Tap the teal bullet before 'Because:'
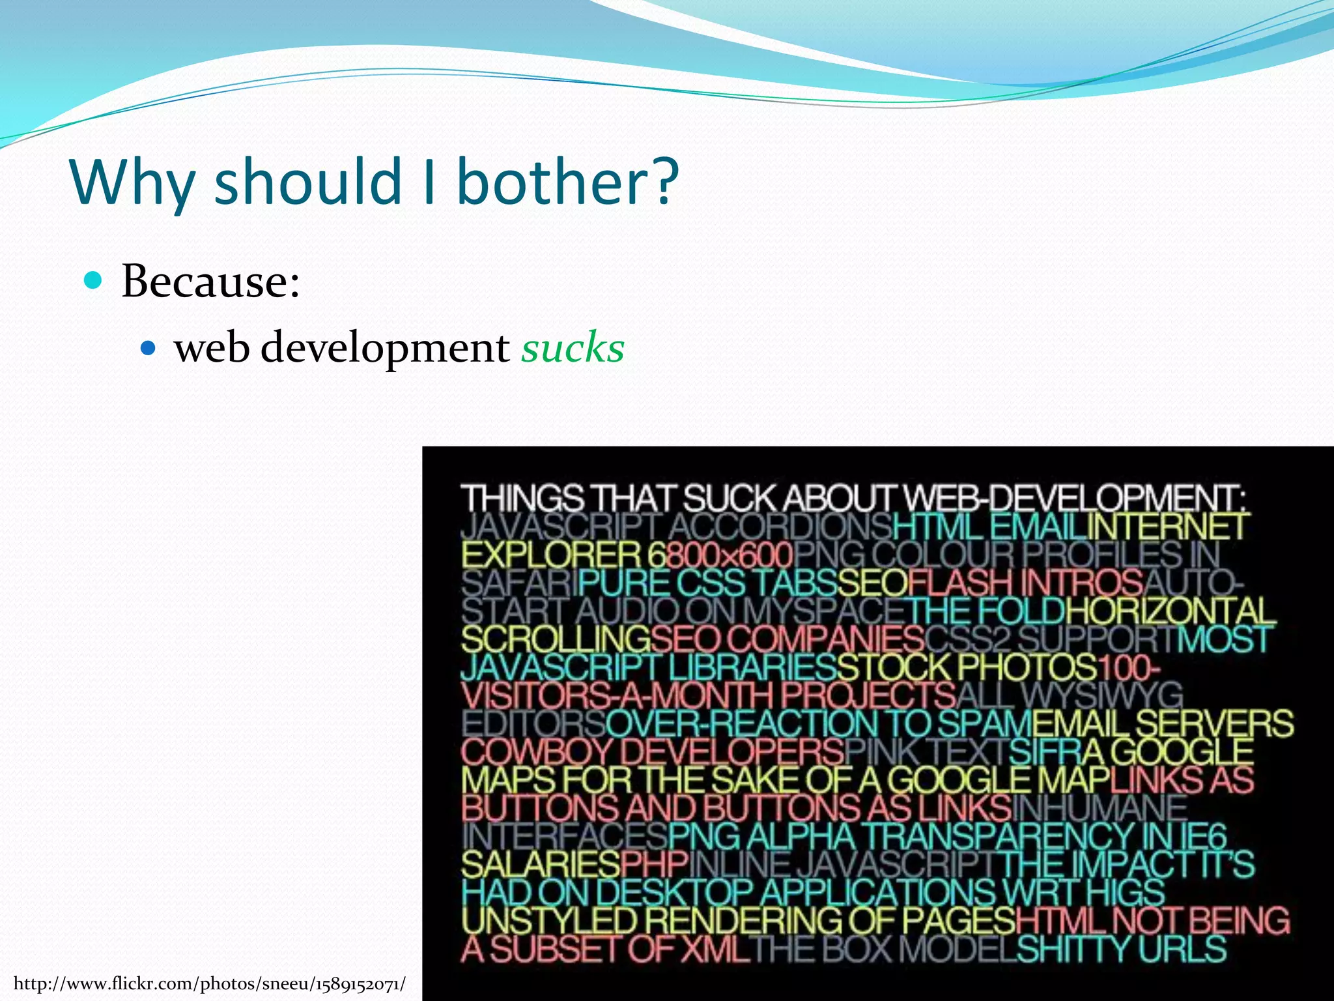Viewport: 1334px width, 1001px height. click(x=94, y=281)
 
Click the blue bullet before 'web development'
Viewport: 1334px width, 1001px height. click(x=149, y=348)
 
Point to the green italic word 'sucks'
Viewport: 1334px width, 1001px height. click(x=573, y=348)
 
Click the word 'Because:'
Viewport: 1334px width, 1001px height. click(x=210, y=282)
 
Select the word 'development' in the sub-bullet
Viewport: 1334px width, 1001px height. click(x=385, y=348)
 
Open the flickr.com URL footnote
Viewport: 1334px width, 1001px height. click(x=209, y=983)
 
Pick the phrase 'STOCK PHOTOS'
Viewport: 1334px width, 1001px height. click(x=967, y=667)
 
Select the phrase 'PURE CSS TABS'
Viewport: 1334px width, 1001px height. click(x=707, y=583)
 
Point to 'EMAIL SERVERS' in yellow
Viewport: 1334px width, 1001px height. click(x=1163, y=723)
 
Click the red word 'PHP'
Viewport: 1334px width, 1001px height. click(x=654, y=864)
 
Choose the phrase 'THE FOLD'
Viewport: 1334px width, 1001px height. click(x=986, y=611)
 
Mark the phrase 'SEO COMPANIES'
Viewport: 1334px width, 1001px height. click(x=787, y=639)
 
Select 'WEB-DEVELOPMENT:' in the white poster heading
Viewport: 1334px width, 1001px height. click(x=1075, y=499)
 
